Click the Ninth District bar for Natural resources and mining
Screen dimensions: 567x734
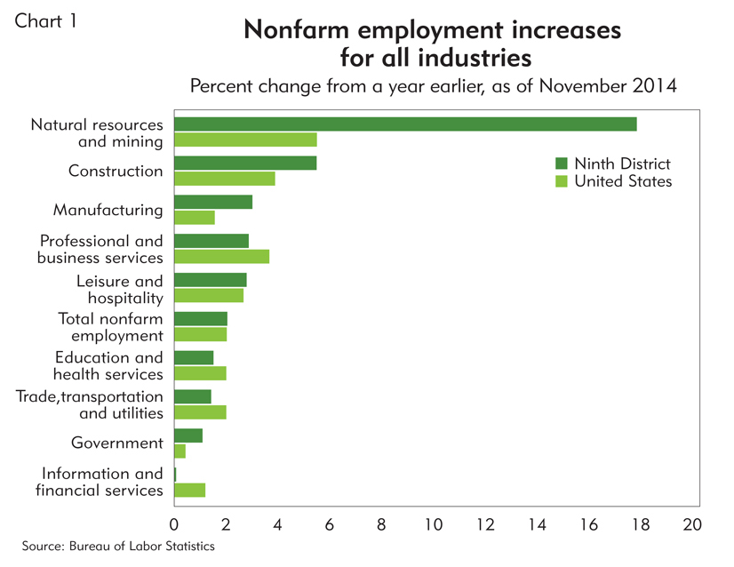coord(405,124)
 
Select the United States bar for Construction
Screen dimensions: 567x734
coord(224,179)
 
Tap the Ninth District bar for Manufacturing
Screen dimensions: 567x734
coord(213,202)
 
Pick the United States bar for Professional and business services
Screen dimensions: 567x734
coord(221,257)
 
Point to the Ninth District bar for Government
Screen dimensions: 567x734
coord(188,435)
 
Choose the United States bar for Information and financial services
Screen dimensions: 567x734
coord(189,490)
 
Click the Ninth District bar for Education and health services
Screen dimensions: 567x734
coord(194,357)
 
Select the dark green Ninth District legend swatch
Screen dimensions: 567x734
coord(561,164)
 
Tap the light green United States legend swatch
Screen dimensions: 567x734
coord(561,181)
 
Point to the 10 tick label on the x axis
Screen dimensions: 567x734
coord(432,524)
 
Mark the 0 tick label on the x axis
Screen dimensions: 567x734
coord(173,524)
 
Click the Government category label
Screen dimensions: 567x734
coord(117,443)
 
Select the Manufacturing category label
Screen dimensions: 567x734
coord(108,211)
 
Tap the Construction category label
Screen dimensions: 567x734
coord(116,171)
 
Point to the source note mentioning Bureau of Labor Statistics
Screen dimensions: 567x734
coord(118,547)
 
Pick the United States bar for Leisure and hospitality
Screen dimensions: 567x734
coord(208,296)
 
